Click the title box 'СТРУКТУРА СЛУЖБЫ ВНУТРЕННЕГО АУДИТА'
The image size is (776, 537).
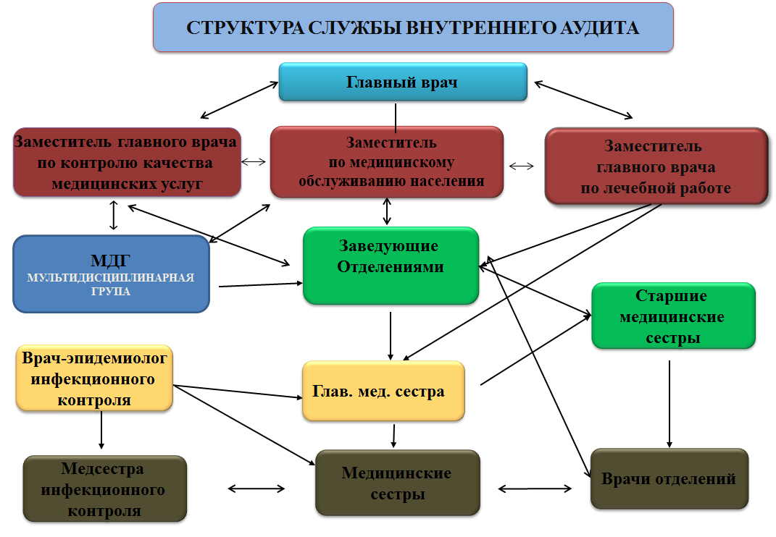[413, 28]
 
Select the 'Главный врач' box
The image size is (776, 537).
[402, 82]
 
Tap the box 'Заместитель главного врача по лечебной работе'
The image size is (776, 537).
[656, 167]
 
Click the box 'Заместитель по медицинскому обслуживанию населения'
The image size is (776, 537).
[387, 162]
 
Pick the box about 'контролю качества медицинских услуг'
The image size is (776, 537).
[126, 162]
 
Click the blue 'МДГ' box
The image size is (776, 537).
[112, 273]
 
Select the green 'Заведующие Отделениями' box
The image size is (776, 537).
[391, 266]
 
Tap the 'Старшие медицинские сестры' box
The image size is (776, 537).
[673, 316]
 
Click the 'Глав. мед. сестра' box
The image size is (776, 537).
[383, 392]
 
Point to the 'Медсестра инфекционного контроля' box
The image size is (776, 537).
[104, 490]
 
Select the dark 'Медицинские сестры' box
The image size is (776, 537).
[397, 483]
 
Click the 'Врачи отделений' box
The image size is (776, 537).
[668, 478]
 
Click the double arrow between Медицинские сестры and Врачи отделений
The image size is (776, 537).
[535, 489]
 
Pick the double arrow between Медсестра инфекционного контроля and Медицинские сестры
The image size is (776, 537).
[256, 489]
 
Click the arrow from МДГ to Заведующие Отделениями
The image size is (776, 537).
[260, 284]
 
